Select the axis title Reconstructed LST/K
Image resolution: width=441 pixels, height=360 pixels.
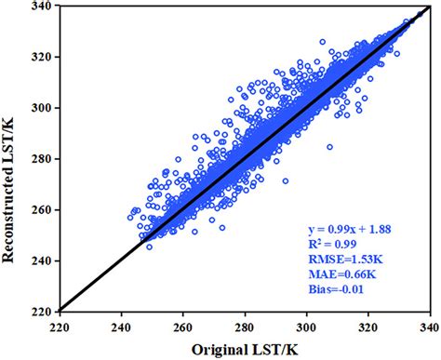click(x=11, y=158)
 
